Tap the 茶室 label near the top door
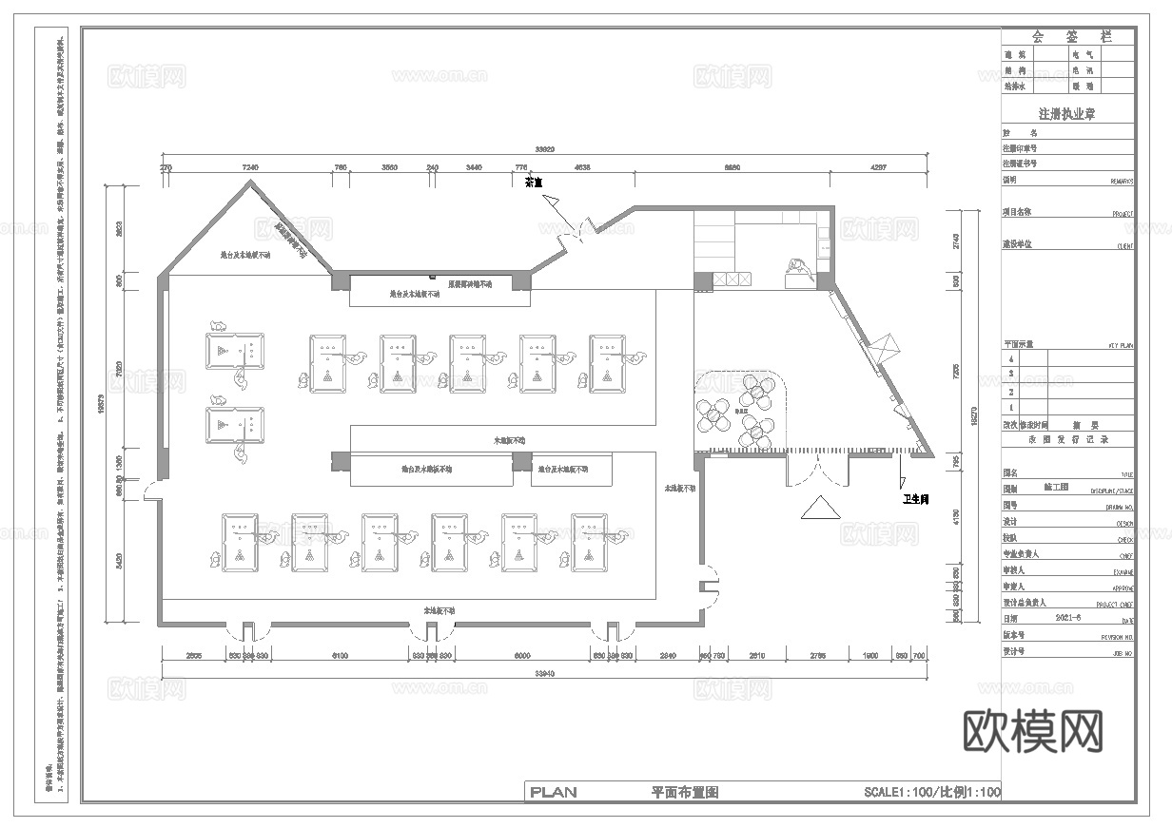tap(533, 182)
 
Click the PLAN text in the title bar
tap(553, 792)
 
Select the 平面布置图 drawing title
tap(684, 792)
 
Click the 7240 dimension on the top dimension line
tap(251, 166)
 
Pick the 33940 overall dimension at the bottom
tap(544, 673)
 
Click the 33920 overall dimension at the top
tap(544, 149)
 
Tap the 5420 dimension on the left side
tap(119, 561)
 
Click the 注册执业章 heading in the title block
tap(1067, 113)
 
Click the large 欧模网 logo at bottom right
tap(1034, 731)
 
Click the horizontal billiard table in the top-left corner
tap(235, 350)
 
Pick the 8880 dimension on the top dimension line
tap(731, 166)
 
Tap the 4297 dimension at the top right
tap(878, 166)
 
